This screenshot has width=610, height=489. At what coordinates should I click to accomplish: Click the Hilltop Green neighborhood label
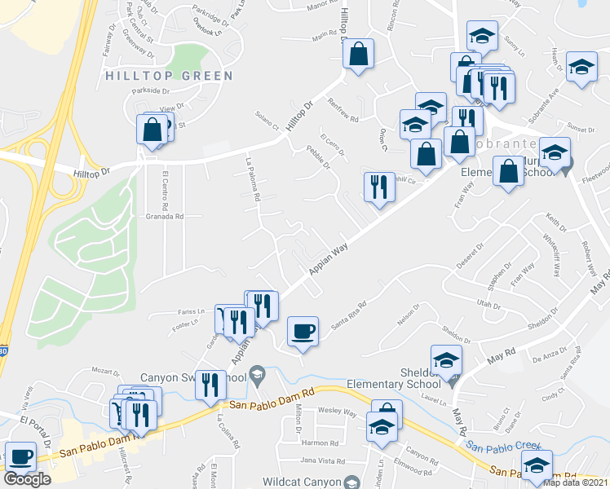[169, 76]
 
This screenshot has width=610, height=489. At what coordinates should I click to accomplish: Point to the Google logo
[27, 479]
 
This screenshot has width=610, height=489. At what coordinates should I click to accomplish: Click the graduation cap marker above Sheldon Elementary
[446, 359]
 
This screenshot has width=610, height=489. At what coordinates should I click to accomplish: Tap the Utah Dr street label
[488, 303]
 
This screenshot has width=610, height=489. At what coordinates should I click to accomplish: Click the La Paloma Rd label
[251, 179]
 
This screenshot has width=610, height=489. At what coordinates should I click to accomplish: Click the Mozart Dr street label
[106, 371]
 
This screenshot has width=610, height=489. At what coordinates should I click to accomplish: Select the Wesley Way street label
[338, 412]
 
